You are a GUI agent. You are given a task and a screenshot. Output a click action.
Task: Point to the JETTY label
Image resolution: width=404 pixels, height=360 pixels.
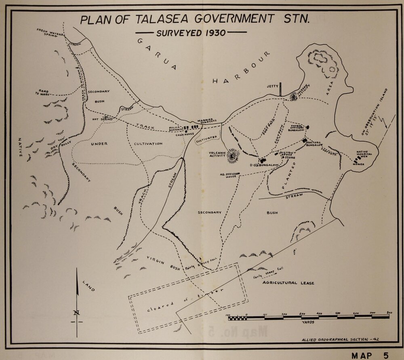click(x=273, y=86)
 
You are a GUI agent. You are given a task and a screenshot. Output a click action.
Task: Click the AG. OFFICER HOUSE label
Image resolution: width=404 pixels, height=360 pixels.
click(x=227, y=176)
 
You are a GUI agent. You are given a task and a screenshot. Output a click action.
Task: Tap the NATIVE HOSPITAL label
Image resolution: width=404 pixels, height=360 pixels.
click(x=364, y=154)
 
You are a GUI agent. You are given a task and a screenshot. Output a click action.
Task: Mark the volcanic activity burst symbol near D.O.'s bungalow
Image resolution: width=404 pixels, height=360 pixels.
click(x=232, y=155)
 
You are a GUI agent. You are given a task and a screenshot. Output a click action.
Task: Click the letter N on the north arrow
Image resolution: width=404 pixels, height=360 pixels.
click(x=77, y=312)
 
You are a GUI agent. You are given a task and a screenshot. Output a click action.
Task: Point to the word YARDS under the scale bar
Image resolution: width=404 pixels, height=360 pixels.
click(x=309, y=323)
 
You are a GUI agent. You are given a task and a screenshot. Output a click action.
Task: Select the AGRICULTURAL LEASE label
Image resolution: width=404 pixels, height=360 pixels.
click(x=288, y=283)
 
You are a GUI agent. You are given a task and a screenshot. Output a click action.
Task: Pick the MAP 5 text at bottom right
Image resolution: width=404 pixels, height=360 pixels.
click(x=370, y=356)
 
